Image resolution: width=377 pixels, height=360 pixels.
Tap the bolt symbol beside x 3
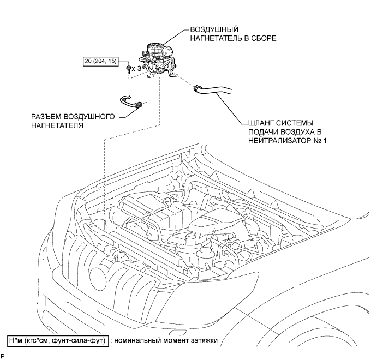(129, 69)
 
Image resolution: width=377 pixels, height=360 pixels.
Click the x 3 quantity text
(137, 69)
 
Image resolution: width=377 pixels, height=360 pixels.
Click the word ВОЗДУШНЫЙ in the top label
(214, 30)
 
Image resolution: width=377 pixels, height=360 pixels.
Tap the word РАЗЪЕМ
(46, 117)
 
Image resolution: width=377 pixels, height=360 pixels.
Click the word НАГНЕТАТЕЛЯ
(57, 125)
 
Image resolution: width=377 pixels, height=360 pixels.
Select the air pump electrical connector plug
(138, 105)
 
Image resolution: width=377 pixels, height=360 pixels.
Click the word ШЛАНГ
(260, 123)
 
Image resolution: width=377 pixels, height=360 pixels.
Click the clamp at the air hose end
(196, 88)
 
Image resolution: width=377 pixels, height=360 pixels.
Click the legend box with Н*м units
(58, 340)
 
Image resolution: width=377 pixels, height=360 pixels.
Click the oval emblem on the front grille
(98, 277)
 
